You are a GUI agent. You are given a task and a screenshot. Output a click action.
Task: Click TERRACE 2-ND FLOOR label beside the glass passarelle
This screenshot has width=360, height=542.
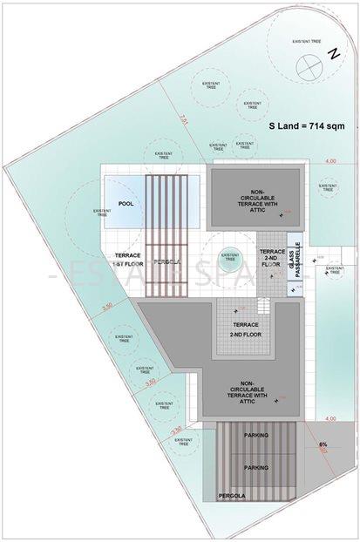pyautogui.click(x=268, y=259)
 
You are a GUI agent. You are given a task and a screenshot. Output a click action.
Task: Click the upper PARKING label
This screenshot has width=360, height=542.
pyautogui.click(x=256, y=433)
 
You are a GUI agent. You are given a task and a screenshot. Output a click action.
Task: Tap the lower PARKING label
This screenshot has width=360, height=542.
pyautogui.click(x=256, y=468)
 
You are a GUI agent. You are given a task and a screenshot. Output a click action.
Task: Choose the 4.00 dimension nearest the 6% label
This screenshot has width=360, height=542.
pyautogui.click(x=330, y=419)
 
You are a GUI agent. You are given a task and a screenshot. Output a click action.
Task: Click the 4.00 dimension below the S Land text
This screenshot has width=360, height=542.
pyautogui.click(x=330, y=162)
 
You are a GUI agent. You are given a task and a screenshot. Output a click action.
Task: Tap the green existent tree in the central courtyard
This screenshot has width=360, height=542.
pyautogui.click(x=229, y=256)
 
